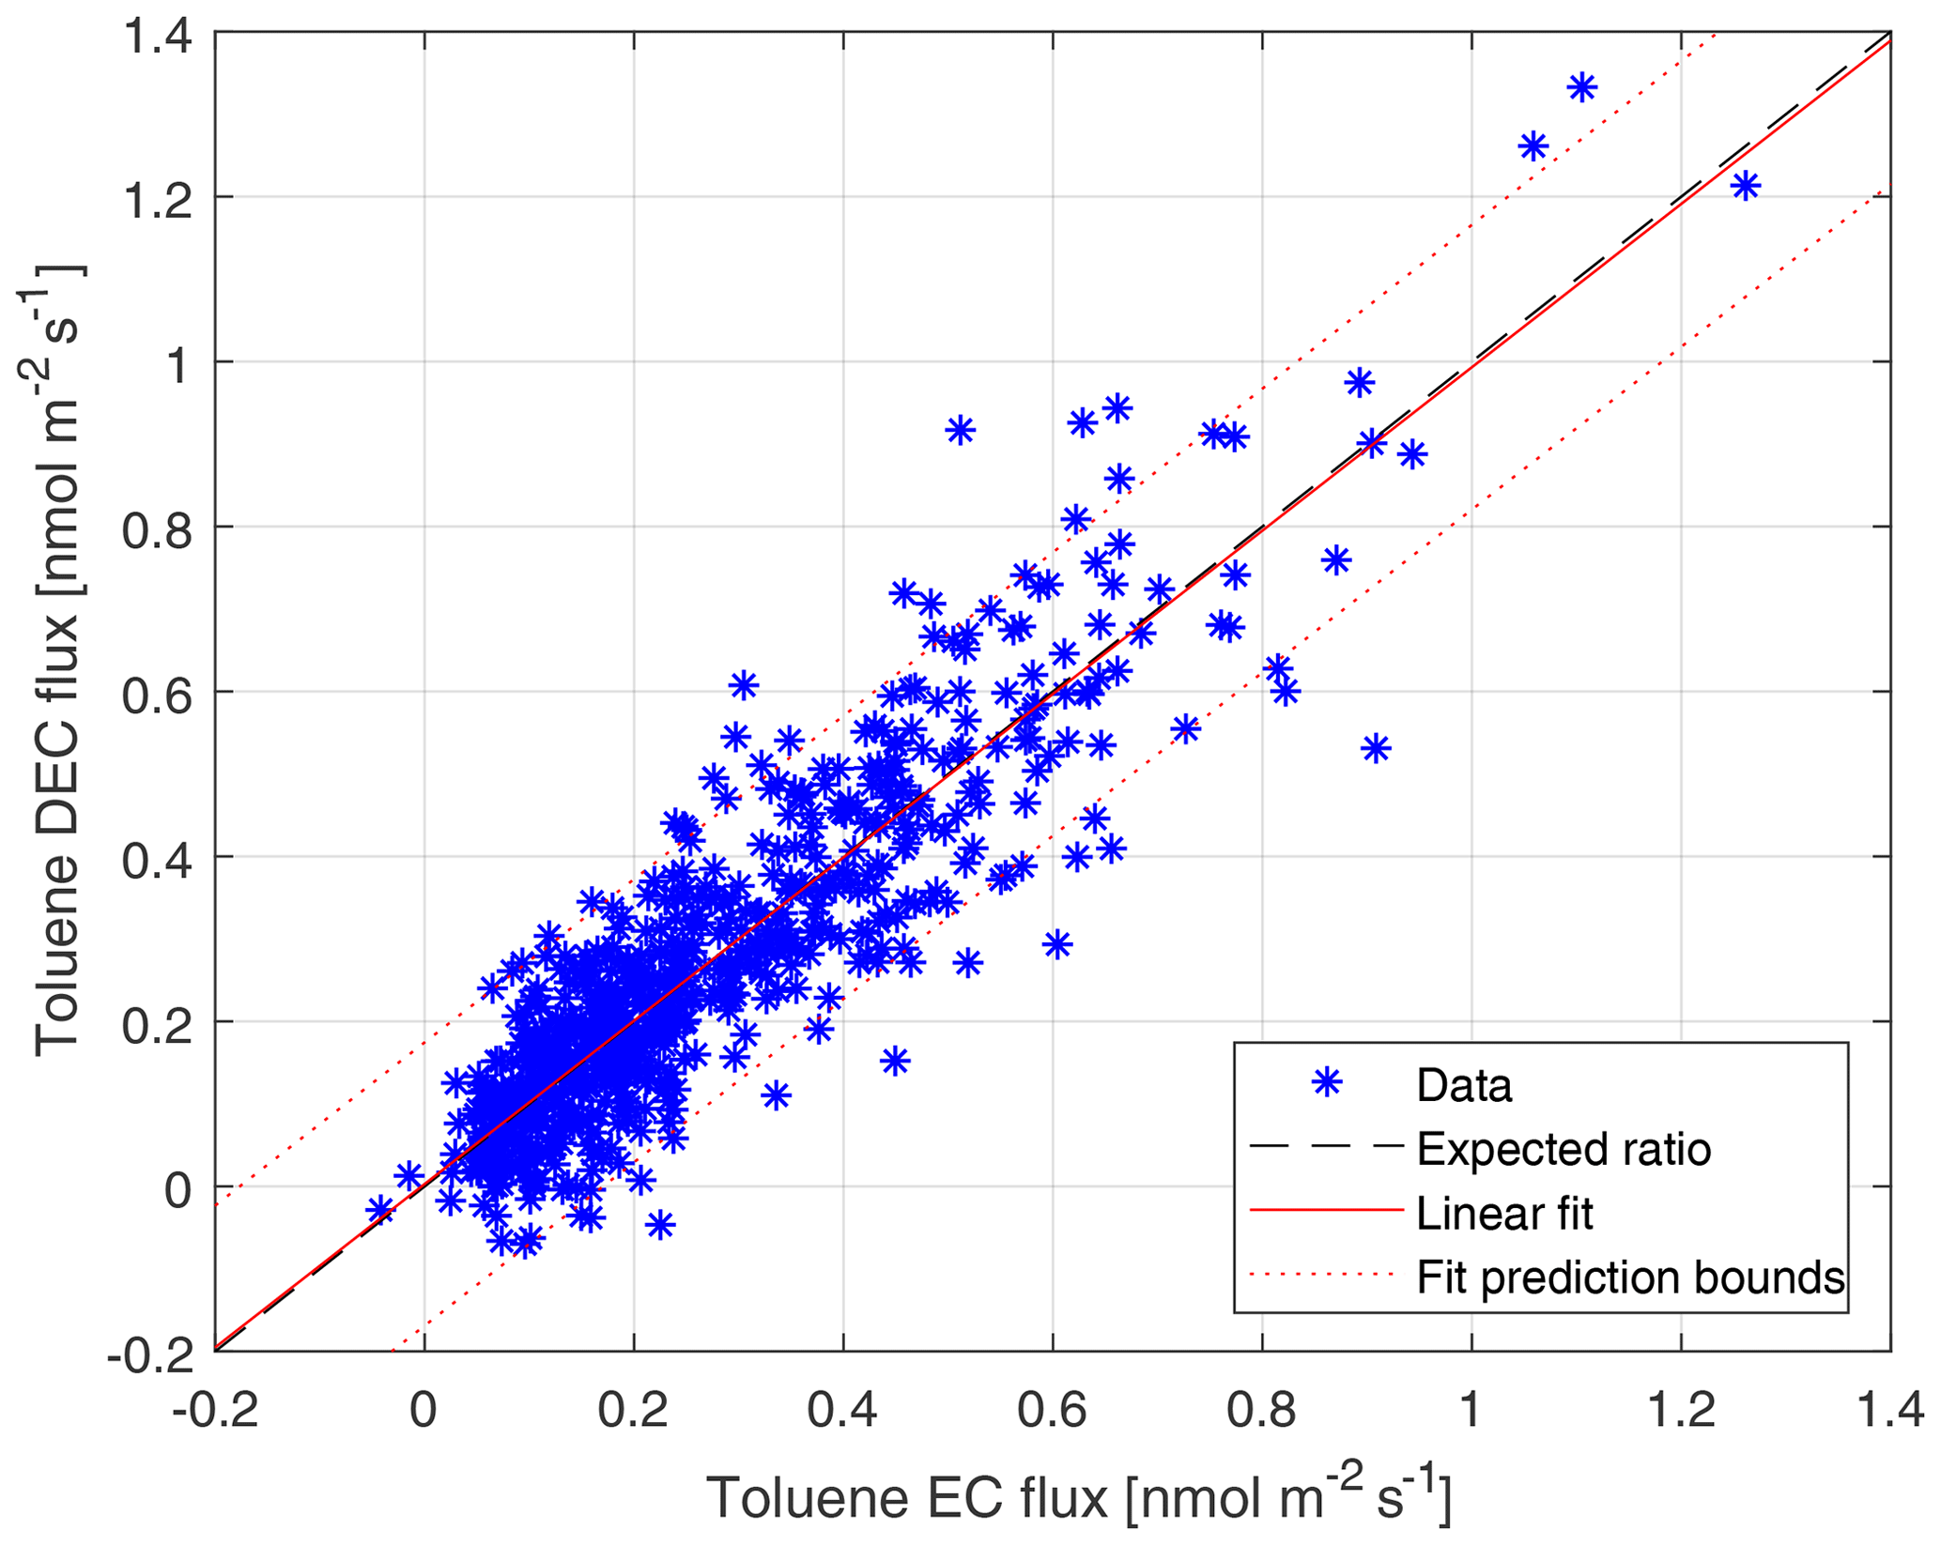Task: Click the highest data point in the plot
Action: pos(1582,87)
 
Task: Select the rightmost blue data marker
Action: pos(1745,186)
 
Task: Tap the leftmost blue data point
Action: pos(380,1209)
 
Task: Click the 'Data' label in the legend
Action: pos(1464,1086)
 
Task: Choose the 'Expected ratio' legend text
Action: pos(1564,1149)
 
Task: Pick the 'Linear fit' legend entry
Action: pos(1504,1214)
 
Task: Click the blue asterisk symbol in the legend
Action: pos(1326,1084)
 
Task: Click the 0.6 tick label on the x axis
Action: pos(1053,1410)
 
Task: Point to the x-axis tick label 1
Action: pos(1471,1410)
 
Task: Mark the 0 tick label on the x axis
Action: pos(424,1410)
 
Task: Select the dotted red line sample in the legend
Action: pos(1326,1275)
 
